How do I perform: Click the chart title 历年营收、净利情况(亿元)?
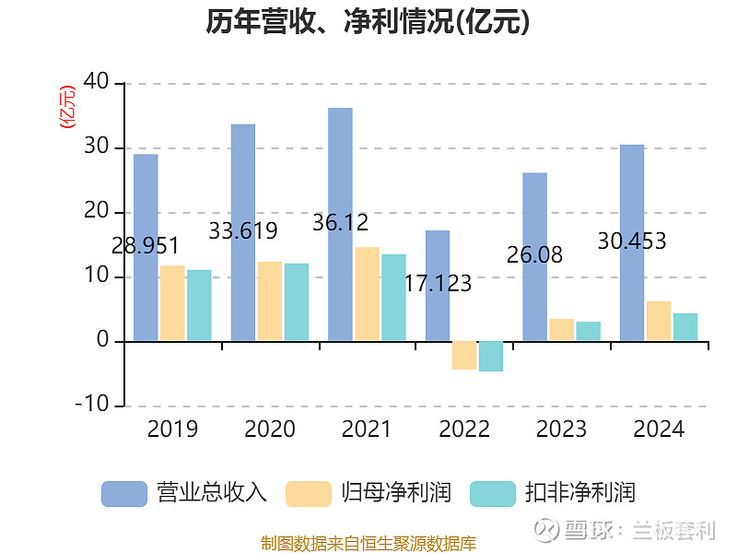[x=368, y=22]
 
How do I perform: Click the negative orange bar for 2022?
[x=464, y=355]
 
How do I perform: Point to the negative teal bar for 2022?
[x=491, y=356]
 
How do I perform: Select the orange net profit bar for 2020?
[x=270, y=301]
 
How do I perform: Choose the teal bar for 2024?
[x=685, y=327]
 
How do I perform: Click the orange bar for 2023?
[x=561, y=330]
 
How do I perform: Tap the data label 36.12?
[x=341, y=222]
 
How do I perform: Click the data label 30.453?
[x=632, y=241]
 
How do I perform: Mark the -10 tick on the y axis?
[x=94, y=406]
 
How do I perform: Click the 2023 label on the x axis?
[x=561, y=429]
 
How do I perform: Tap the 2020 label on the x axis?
[x=270, y=429]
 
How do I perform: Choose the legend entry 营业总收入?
[x=184, y=493]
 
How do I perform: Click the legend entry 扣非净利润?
[x=553, y=493]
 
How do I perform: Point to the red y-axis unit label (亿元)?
[x=66, y=107]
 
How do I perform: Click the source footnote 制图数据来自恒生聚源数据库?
[x=368, y=543]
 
